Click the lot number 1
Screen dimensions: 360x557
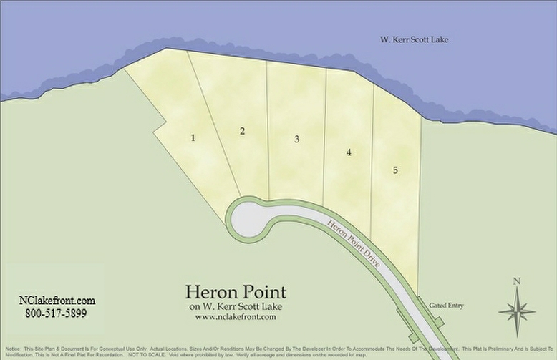tap(193, 137)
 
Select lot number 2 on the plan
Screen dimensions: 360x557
tap(243, 130)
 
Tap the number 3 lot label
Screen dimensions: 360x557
tap(296, 139)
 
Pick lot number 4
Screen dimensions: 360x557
tap(349, 152)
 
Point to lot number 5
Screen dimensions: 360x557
tap(394, 170)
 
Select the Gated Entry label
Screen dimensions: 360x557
tap(446, 306)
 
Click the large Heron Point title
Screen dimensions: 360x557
tap(236, 292)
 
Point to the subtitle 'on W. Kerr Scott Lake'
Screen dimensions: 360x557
tap(236, 306)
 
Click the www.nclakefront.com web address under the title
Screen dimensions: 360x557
tap(236, 316)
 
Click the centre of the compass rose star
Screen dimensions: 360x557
tap(518, 311)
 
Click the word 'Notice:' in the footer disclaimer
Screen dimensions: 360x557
tap(13, 349)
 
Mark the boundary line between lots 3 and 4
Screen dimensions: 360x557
tap(326, 136)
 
